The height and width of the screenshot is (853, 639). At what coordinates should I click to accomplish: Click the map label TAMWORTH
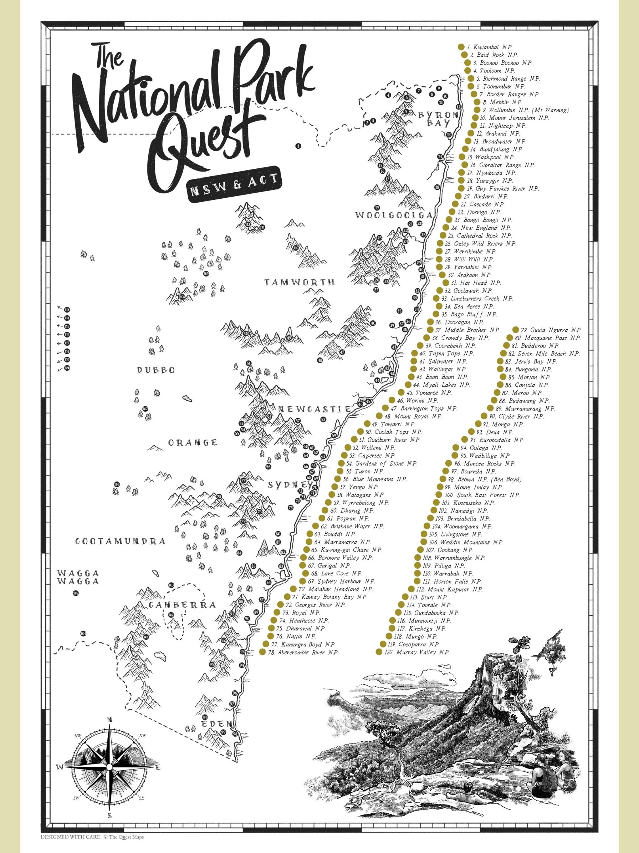(x=300, y=282)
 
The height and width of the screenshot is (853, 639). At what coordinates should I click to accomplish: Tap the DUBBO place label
(x=156, y=370)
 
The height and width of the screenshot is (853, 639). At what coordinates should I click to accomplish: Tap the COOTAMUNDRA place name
(x=120, y=542)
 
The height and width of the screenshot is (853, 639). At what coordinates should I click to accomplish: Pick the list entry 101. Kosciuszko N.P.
(x=468, y=503)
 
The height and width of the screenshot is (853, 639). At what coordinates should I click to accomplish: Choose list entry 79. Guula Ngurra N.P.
(x=551, y=330)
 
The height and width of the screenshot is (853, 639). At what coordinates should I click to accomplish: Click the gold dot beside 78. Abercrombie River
(x=262, y=652)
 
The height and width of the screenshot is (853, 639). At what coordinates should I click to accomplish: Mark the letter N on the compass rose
(x=109, y=730)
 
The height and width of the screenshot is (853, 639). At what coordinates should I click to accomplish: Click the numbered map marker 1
(x=297, y=146)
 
